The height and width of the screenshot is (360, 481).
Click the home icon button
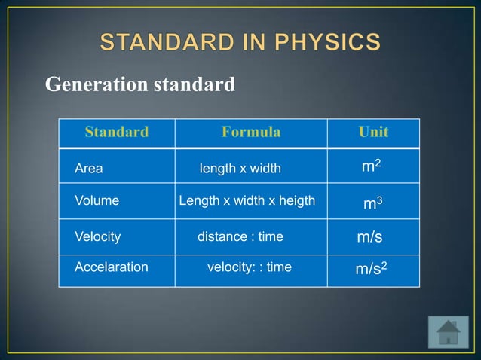[x=448, y=332]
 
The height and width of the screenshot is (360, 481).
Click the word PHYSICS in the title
[x=329, y=42]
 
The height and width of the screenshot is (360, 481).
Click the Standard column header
[x=116, y=133]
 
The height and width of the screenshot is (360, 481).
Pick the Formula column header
[x=251, y=133]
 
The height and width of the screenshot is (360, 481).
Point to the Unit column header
[x=373, y=133]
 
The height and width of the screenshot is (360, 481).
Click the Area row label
[x=88, y=169]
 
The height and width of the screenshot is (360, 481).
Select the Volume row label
[x=97, y=201]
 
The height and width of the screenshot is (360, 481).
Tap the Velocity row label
[x=97, y=236]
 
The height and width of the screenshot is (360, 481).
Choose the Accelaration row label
[x=111, y=267]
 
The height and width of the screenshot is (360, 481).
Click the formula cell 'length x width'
[x=240, y=169]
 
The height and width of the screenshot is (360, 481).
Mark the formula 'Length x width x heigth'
[x=247, y=201]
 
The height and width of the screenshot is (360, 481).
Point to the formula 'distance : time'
[x=240, y=236]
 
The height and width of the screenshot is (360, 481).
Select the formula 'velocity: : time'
[x=249, y=267]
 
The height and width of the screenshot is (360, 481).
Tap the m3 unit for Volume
[x=372, y=203]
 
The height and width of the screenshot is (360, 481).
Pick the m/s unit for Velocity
[x=369, y=237]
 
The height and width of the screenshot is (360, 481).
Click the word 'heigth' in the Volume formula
[x=297, y=201]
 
